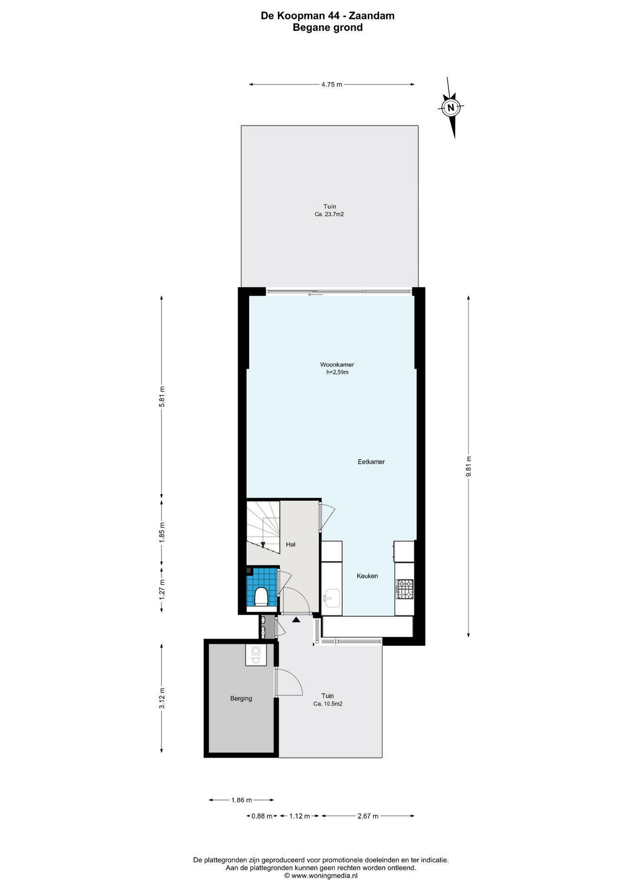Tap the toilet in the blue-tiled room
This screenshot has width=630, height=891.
coord(261,596)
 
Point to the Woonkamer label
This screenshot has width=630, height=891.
coord(337,364)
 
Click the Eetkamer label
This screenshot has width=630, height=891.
coord(371,462)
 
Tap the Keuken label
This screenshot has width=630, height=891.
coord(367,576)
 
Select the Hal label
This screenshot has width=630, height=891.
coord(291,544)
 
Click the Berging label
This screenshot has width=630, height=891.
coord(241,698)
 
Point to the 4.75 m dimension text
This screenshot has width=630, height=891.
coord(332,84)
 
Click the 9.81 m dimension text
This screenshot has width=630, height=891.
coord(469,465)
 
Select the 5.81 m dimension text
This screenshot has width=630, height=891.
coord(161,397)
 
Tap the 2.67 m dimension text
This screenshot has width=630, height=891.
coord(367,816)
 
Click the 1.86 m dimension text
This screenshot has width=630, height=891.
coord(241,800)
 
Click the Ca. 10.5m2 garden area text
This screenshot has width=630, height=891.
coord(328,704)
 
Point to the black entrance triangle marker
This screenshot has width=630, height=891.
coord(296,619)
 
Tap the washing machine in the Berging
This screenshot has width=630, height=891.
coord(256,655)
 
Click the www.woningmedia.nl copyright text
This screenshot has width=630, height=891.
coord(321,875)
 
